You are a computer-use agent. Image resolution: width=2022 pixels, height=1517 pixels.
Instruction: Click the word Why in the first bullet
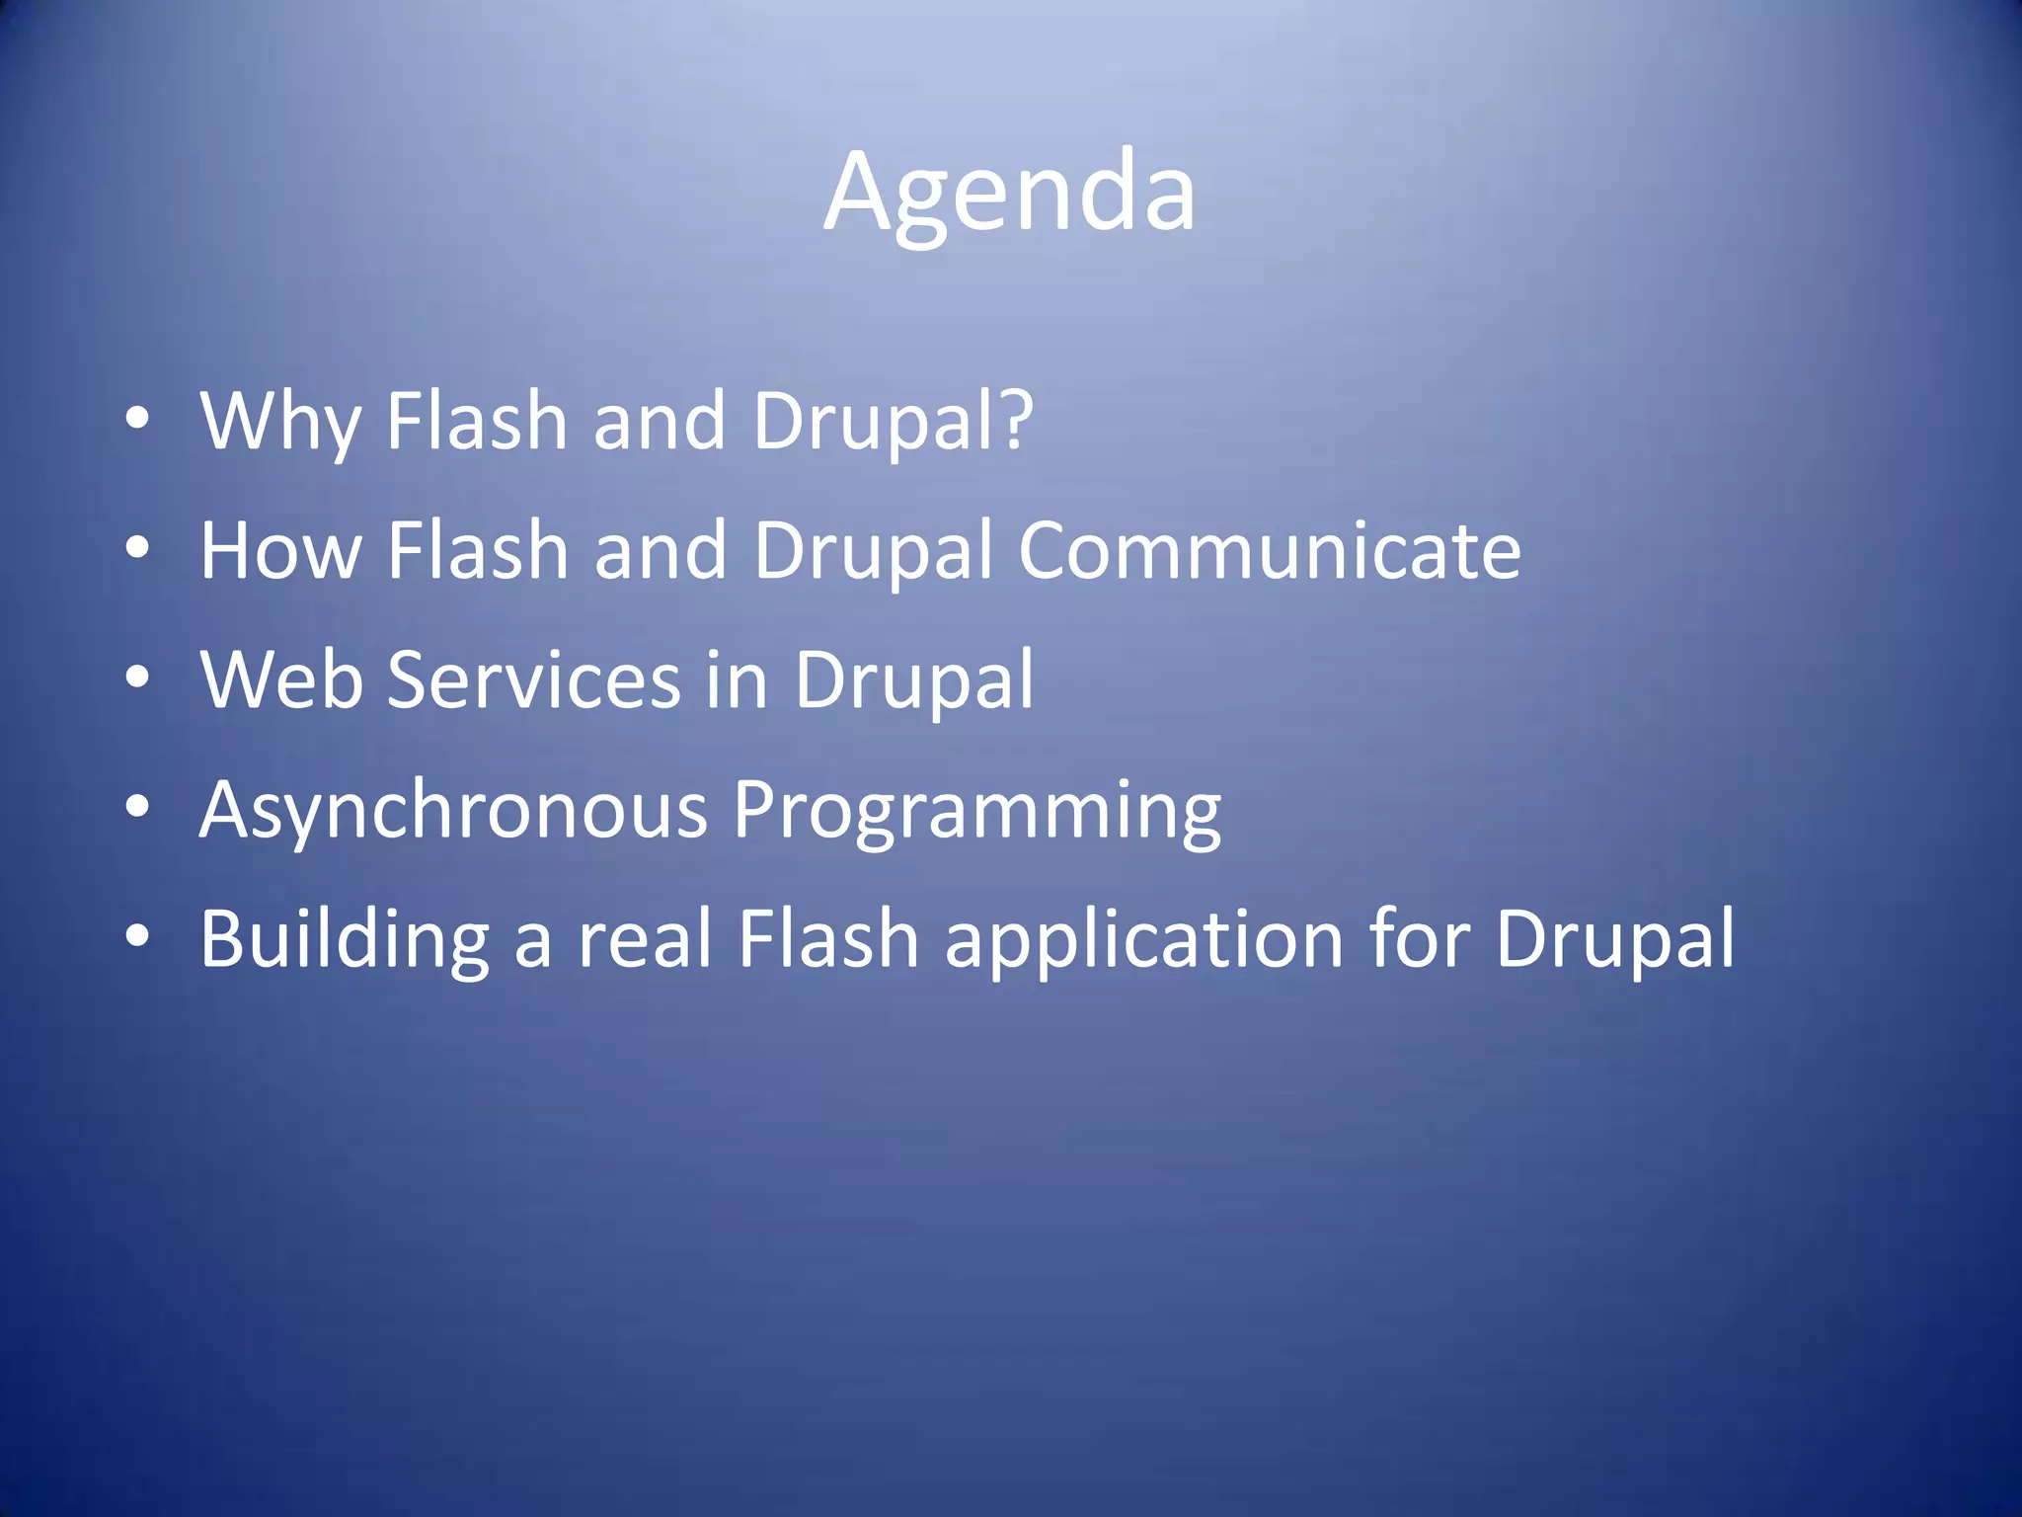click(280, 422)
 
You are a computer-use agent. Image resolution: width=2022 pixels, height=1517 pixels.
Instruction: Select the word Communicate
click(1270, 551)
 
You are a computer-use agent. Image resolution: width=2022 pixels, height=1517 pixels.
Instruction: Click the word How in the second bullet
click(280, 551)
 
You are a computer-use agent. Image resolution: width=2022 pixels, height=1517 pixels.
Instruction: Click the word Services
click(533, 680)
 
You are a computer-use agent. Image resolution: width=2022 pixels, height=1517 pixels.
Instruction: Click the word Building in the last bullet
click(345, 940)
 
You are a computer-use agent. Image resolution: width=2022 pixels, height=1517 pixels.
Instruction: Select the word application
click(1144, 940)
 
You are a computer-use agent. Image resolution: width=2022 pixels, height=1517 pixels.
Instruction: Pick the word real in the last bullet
click(645, 940)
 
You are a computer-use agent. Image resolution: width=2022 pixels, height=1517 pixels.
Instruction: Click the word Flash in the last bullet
click(828, 940)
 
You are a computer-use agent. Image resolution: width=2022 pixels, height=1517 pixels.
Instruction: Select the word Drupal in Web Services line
click(914, 680)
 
